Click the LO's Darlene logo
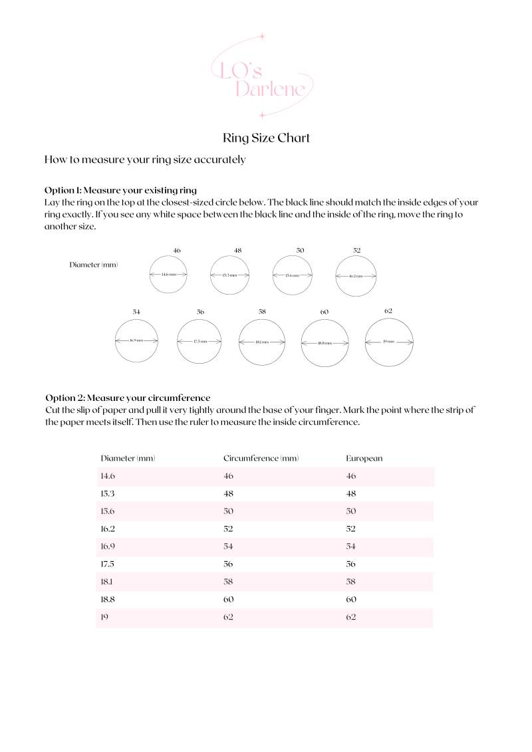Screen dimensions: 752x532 [x=261, y=76]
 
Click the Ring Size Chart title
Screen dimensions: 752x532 [x=266, y=138]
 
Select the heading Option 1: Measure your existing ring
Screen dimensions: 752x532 [x=120, y=190]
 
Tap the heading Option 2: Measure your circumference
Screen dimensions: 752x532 [x=128, y=398]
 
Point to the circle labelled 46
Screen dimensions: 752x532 [x=169, y=275]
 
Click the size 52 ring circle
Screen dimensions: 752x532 [x=356, y=275]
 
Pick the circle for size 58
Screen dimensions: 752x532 [x=262, y=342]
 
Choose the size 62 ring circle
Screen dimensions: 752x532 [x=389, y=342]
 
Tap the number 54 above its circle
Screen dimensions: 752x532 [x=136, y=311]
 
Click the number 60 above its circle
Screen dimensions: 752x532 [x=325, y=312]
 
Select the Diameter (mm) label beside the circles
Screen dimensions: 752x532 [x=94, y=265]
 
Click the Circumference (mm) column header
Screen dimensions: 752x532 [x=261, y=458]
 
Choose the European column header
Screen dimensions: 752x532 [x=364, y=458]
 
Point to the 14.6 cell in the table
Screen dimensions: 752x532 [x=108, y=476]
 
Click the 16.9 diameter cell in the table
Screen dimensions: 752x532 [x=108, y=547]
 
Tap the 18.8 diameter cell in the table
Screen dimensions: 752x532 [x=108, y=599]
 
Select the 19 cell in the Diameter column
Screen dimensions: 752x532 [x=104, y=617]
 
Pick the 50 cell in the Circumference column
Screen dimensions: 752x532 [x=229, y=511]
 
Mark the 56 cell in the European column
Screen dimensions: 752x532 [x=351, y=564]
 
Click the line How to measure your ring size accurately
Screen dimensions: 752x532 [x=145, y=160]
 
